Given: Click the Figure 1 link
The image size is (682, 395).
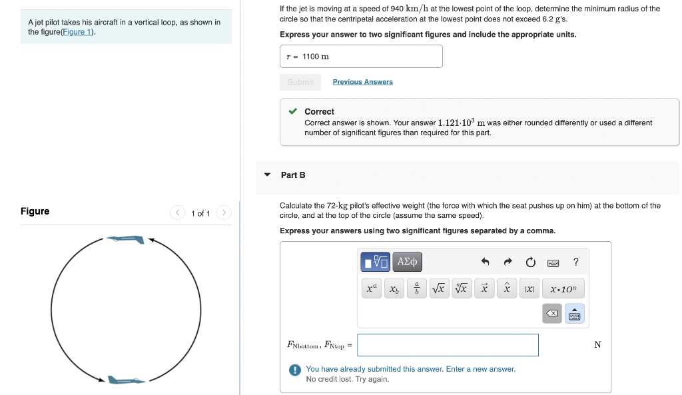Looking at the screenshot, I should (x=77, y=32).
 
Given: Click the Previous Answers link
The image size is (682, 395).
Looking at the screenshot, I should (x=362, y=82).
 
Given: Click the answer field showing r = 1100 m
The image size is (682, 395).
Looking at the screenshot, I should (x=361, y=57).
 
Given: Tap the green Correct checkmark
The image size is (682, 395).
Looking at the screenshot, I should (x=292, y=111).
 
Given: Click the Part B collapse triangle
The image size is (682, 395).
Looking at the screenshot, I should (x=267, y=175).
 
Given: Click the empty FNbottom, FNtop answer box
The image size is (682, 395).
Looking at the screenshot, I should (x=448, y=345).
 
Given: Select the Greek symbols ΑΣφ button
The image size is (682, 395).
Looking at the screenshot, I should (x=408, y=262).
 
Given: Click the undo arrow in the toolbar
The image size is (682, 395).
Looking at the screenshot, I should (x=486, y=262).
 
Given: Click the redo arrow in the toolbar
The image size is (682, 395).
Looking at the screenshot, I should (x=508, y=262).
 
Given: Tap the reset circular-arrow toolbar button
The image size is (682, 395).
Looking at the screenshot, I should (x=530, y=262).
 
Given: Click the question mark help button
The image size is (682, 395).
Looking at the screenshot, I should (x=576, y=262).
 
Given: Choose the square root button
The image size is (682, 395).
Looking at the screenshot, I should (x=438, y=289).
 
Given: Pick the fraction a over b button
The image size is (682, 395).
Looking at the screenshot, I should (x=416, y=289).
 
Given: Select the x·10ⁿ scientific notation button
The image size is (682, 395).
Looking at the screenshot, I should (x=563, y=289).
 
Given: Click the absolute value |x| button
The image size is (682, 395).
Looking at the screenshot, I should (x=529, y=289).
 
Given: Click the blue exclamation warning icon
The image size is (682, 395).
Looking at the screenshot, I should (x=294, y=370).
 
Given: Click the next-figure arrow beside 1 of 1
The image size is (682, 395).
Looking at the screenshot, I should (x=224, y=213).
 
